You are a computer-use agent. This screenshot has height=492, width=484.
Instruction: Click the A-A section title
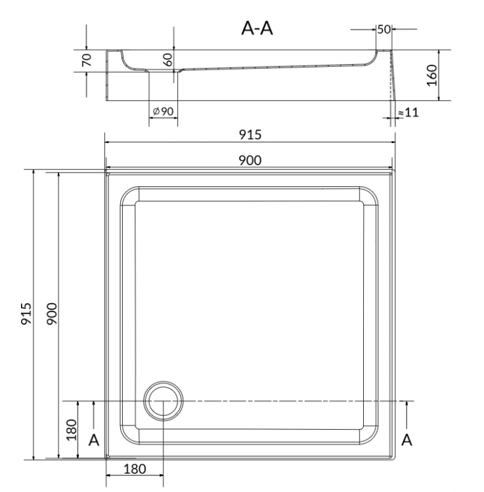click(257, 28)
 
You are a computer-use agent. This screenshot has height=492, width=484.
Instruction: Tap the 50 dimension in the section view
click(384, 29)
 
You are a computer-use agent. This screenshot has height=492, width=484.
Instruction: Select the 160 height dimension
click(432, 75)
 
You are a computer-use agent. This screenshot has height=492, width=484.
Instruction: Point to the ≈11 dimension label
click(408, 112)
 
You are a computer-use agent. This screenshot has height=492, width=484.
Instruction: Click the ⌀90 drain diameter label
click(163, 111)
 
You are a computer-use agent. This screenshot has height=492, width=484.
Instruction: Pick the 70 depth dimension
click(87, 60)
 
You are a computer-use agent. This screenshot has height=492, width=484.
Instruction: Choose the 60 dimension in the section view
click(167, 60)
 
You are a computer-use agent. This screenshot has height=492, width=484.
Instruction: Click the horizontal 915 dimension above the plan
click(250, 134)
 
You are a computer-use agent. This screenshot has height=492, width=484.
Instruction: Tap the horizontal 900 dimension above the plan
click(250, 160)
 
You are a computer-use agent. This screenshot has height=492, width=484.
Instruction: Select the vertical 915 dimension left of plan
click(26, 314)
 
